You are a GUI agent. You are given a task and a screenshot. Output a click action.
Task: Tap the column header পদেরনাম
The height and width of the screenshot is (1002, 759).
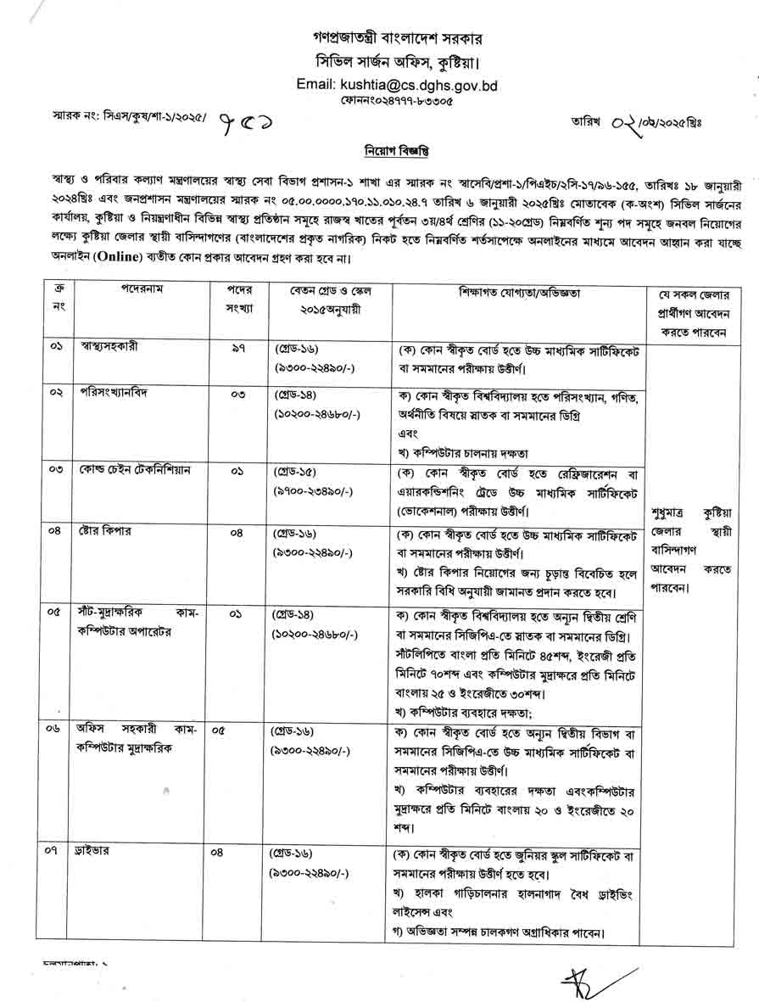[x=142, y=289]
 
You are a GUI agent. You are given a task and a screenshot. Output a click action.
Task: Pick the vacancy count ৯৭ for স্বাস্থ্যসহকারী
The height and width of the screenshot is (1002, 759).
[x=238, y=347]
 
